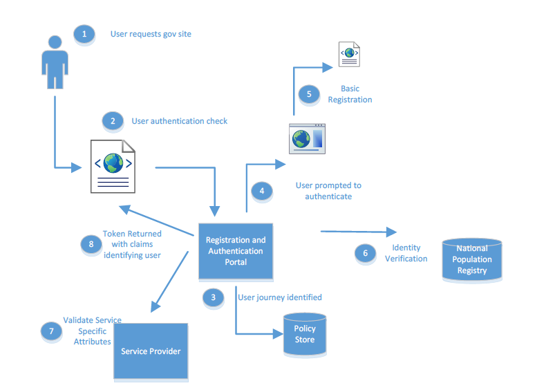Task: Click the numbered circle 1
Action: pyautogui.click(x=84, y=33)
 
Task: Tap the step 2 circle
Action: pyautogui.click(x=112, y=121)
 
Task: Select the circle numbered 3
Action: pyautogui.click(x=213, y=297)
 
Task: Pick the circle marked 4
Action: pyautogui.click(x=261, y=191)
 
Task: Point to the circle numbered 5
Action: pyautogui.click(x=308, y=94)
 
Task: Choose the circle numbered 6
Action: pyautogui.click(x=365, y=253)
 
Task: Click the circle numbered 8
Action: pyautogui.click(x=91, y=243)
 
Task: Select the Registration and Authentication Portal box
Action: pyautogui.click(x=236, y=251)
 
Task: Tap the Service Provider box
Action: pyautogui.click(x=151, y=351)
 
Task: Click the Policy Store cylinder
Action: pyautogui.click(x=304, y=334)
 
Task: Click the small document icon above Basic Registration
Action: pyautogui.click(x=348, y=54)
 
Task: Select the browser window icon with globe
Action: pyautogui.click(x=306, y=138)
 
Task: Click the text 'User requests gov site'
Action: pyautogui.click(x=151, y=34)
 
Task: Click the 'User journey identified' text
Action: pyautogui.click(x=280, y=297)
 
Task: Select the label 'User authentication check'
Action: pyautogui.click(x=180, y=121)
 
